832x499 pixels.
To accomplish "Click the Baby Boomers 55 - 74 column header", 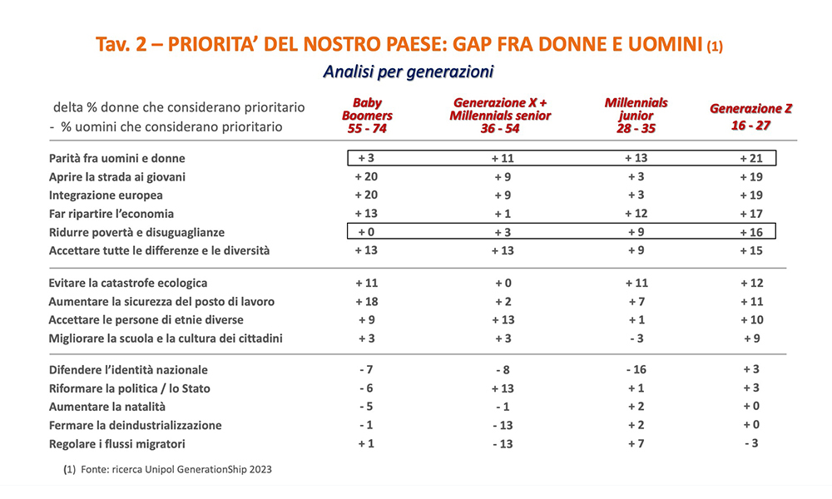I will pyautogui.click(x=367, y=116).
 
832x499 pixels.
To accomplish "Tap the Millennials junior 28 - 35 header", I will pyautogui.click(x=636, y=116).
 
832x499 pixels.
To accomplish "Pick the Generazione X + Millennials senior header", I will pyautogui.click(x=500, y=116).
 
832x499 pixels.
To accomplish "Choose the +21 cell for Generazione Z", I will pyautogui.click(x=750, y=158).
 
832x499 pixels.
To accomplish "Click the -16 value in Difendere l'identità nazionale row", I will pyautogui.click(x=636, y=370).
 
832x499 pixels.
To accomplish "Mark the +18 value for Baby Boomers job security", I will pyautogui.click(x=367, y=301).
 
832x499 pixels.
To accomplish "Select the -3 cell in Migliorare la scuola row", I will pyautogui.click(x=636, y=338).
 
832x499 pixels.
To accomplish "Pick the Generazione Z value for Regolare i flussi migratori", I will pyautogui.click(x=750, y=443).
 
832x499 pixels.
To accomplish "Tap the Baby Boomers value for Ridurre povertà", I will pyautogui.click(x=367, y=232).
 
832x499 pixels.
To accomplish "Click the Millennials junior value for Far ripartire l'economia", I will pyautogui.click(x=636, y=214).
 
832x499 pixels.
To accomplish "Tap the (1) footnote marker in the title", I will pyautogui.click(x=715, y=47).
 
